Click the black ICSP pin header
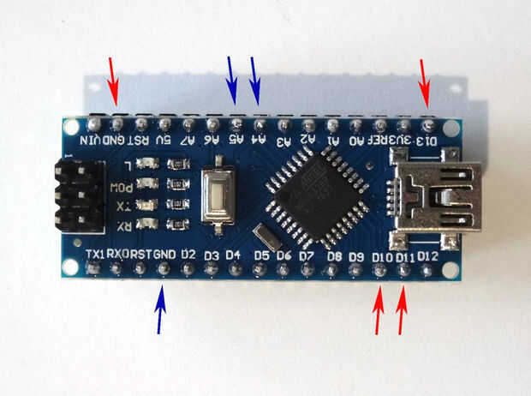[x=75, y=195]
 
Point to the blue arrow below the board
[x=161, y=310]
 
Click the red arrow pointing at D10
[x=379, y=313]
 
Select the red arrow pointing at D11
[x=402, y=313]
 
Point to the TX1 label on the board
[x=97, y=254]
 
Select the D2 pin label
[x=188, y=255]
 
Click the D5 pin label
[x=261, y=255]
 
